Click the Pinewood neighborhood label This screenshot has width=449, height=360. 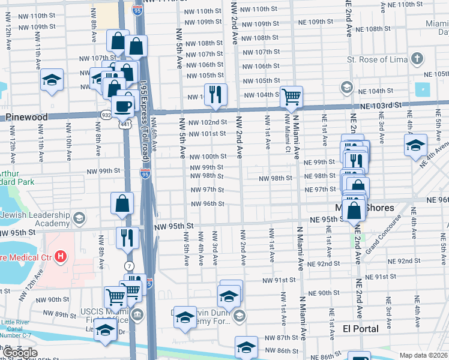pyautogui.click(x=26, y=118)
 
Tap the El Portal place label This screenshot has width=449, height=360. pyautogui.click(x=360, y=329)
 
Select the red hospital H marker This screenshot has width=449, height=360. pyautogui.click(x=60, y=257)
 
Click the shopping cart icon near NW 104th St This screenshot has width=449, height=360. pyautogui.click(x=291, y=96)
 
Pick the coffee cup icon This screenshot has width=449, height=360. pyautogui.click(x=123, y=106)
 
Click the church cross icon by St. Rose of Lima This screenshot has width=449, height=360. pyautogui.click(x=418, y=59)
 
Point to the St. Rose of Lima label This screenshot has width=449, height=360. pyautogui.click(x=376, y=59)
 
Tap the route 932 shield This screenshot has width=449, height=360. pyautogui.click(x=106, y=114)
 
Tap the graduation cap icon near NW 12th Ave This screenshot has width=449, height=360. pyautogui.click(x=52, y=79)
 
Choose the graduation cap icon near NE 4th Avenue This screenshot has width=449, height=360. pyautogui.click(x=415, y=145)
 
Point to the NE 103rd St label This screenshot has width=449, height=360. pyautogui.click(x=380, y=106)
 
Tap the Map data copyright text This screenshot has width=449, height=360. pyautogui.click(x=424, y=355)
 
